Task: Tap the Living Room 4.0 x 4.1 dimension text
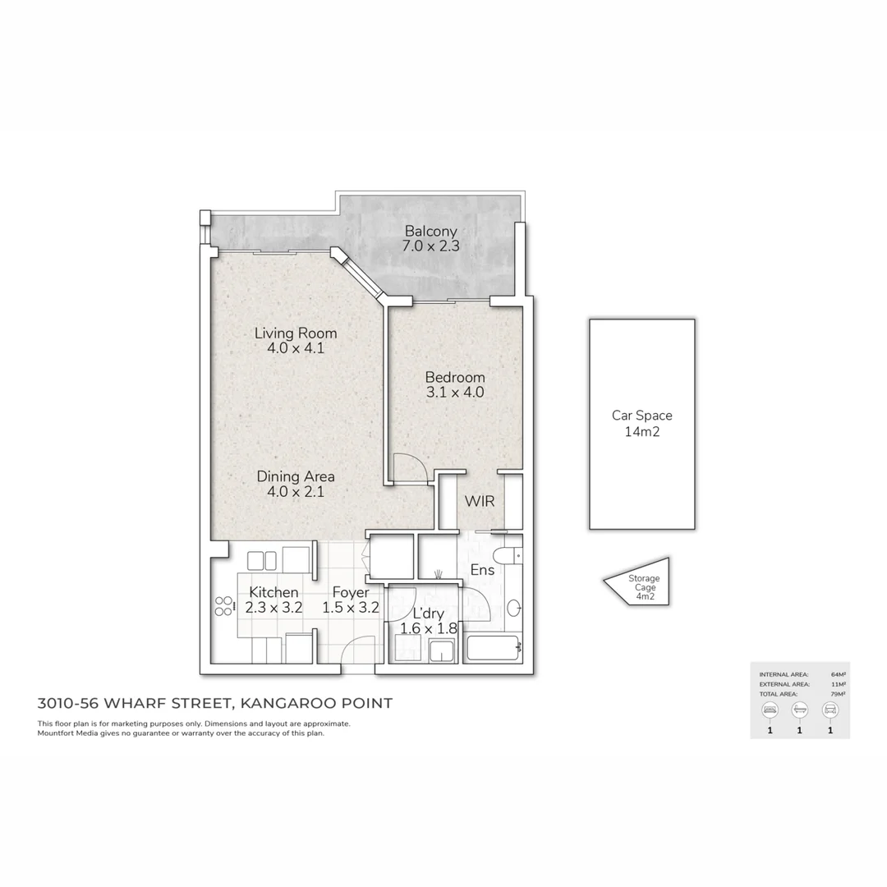pos(295,348)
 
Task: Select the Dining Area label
pos(295,476)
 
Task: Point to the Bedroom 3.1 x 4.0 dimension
pos(454,393)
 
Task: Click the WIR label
pos(479,501)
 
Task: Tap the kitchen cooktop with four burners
pos(223,607)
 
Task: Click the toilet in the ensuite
pos(514,555)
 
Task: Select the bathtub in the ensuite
pos(493,649)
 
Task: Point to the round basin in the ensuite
pos(513,609)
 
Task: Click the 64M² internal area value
pos(839,673)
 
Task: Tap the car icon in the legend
pos(830,709)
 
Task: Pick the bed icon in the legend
pos(770,709)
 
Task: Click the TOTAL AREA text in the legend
pos(777,694)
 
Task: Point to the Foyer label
pos(351,592)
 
